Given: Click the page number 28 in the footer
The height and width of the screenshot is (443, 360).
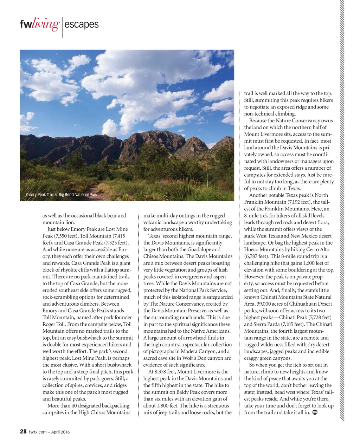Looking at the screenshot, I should tap(23, 431).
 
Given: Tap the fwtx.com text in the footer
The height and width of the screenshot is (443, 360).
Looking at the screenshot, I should tap(38, 432).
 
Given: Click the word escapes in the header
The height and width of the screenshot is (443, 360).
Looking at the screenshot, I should tap(82, 24).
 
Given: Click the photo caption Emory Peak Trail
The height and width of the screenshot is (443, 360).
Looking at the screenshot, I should tap(61, 194).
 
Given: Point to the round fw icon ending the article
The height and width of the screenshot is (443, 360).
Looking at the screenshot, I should tap(315, 412).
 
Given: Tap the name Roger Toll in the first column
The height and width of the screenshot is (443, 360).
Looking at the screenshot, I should tap(54, 324).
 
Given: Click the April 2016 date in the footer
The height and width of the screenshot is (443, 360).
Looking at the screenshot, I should tap(61, 432).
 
